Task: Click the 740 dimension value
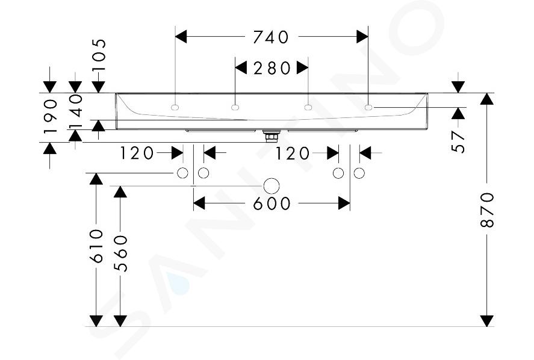click(271, 37)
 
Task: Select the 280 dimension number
click(272, 68)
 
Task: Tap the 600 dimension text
click(272, 203)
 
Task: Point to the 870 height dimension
click(487, 210)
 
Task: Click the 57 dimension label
click(458, 142)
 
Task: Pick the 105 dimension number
click(99, 55)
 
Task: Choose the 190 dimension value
click(50, 116)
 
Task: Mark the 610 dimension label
click(96, 246)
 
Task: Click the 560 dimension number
click(120, 253)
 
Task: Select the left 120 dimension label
click(137, 154)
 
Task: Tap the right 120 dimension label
click(292, 154)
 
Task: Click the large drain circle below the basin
click(272, 186)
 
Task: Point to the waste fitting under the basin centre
click(272, 135)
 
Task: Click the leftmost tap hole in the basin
click(175, 108)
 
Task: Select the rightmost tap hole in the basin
click(368, 108)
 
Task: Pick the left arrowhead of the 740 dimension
click(181, 37)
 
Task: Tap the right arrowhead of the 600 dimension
click(344, 203)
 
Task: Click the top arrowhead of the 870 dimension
click(487, 99)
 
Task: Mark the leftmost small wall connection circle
click(182, 173)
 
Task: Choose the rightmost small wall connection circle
click(359, 173)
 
